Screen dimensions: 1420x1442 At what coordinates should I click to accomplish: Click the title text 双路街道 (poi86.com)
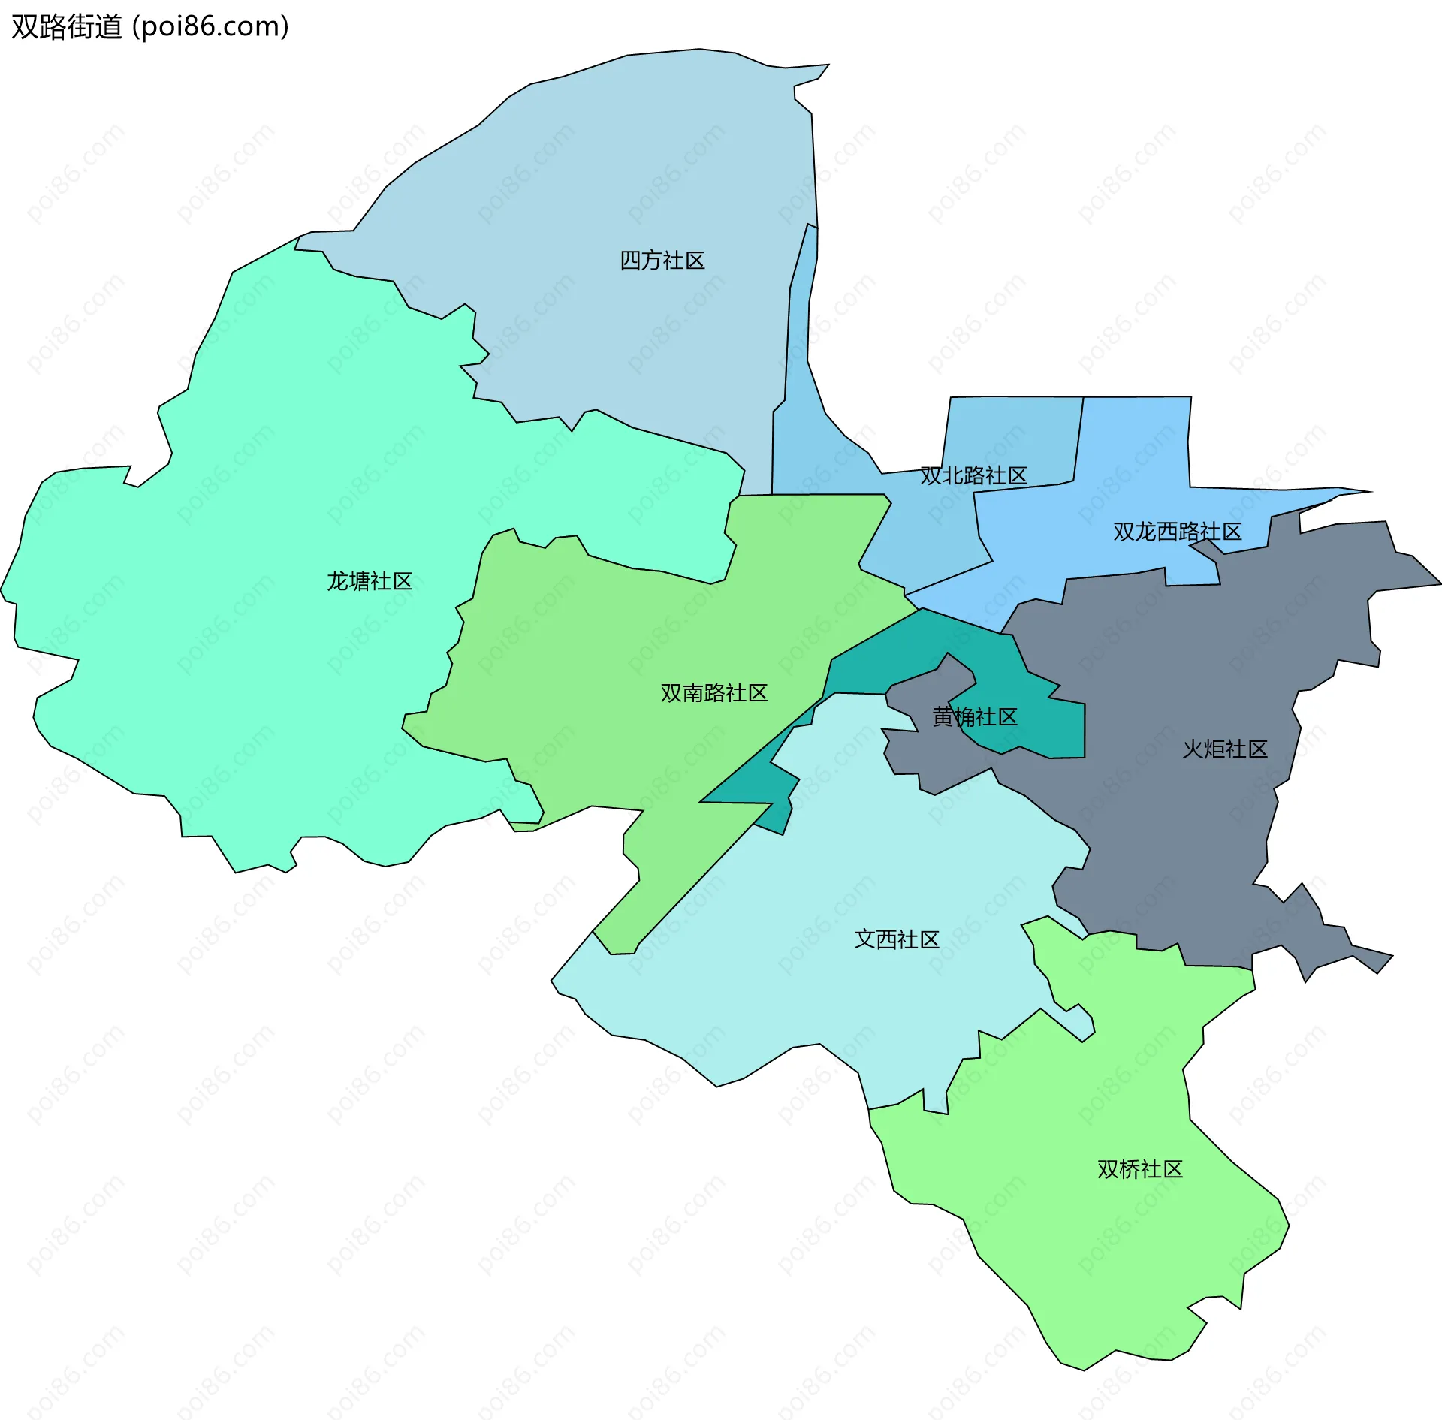150,27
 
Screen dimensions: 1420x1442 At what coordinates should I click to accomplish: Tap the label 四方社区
662,261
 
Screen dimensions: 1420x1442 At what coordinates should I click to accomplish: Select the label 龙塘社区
370,581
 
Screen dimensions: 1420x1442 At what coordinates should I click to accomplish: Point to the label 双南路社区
713,692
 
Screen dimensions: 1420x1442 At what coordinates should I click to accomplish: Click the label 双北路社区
973,475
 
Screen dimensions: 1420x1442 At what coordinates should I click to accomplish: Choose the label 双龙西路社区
1177,532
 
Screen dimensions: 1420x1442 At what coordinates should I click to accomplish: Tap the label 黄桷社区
974,717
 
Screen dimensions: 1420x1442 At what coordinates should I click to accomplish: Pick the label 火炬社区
1225,749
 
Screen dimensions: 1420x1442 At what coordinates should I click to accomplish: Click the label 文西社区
897,939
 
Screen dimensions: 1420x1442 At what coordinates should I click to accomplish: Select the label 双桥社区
1139,1169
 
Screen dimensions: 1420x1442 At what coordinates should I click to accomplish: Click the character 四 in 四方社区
629,261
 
